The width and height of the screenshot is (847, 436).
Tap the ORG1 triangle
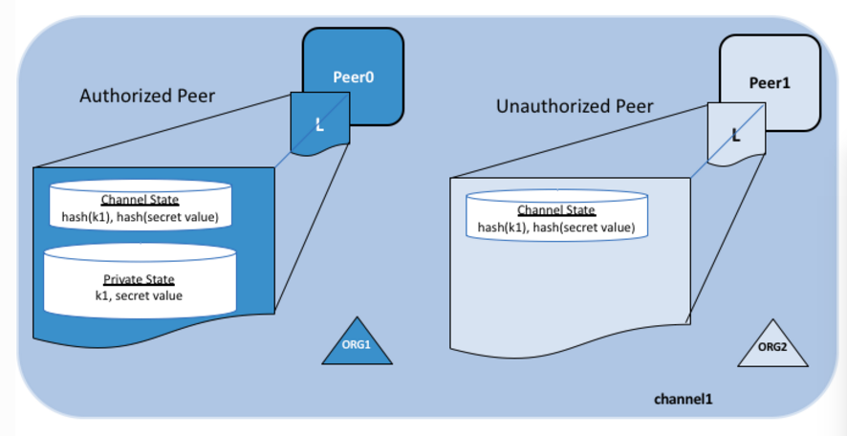click(x=358, y=345)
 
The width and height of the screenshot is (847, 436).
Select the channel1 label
click(x=685, y=397)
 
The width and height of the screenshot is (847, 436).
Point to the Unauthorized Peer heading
click(x=575, y=106)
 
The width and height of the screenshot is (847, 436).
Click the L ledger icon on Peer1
click(x=736, y=133)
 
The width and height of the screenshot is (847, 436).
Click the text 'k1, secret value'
click(x=139, y=295)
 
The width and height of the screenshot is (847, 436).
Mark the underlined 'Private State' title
click(x=140, y=280)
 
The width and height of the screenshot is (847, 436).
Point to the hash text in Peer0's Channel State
click(x=133, y=217)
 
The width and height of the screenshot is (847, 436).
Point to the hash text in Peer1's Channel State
click(x=555, y=228)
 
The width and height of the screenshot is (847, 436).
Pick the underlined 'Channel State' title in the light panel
click(x=555, y=210)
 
